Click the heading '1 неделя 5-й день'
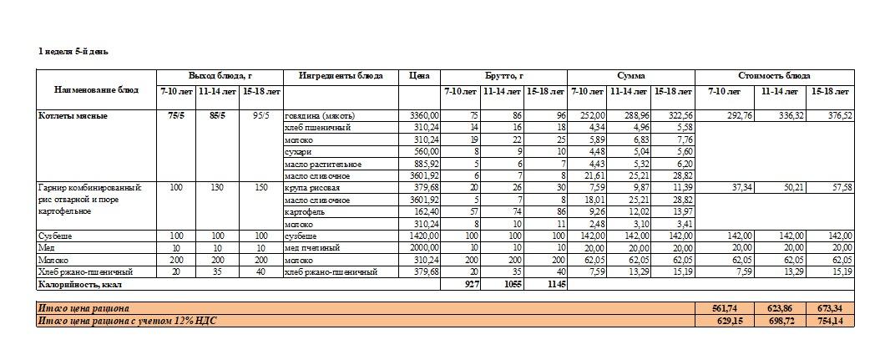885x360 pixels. coord(73,52)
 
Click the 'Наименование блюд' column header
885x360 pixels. coord(96,89)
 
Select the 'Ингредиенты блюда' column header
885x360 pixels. coord(341,76)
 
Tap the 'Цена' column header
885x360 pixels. coord(419,76)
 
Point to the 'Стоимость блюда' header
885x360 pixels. coord(774,76)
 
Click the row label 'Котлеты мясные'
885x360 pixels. coord(73,115)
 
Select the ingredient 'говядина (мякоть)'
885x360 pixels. coord(320,115)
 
